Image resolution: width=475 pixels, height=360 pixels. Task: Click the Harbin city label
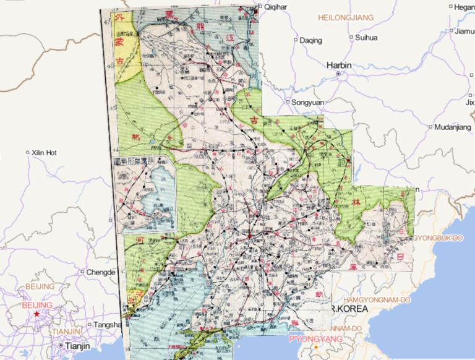[x=340, y=64]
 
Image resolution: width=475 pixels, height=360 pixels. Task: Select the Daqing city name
[x=310, y=41]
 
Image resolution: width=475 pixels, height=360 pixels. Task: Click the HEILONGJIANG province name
[x=346, y=18]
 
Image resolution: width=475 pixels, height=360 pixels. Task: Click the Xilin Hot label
[x=45, y=152]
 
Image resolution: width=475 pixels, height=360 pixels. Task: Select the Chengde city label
[x=101, y=272]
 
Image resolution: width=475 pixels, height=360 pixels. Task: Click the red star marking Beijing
[x=36, y=314]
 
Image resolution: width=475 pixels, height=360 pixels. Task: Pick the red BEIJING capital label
[x=37, y=305]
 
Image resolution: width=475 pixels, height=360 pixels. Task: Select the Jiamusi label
[x=464, y=30]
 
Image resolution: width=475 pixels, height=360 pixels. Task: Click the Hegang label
[x=463, y=7]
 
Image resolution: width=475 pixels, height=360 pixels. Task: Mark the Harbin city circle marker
[x=338, y=74]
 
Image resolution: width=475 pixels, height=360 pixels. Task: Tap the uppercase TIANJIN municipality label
[x=66, y=332]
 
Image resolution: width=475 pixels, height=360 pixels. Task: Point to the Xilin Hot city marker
[x=27, y=152]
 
